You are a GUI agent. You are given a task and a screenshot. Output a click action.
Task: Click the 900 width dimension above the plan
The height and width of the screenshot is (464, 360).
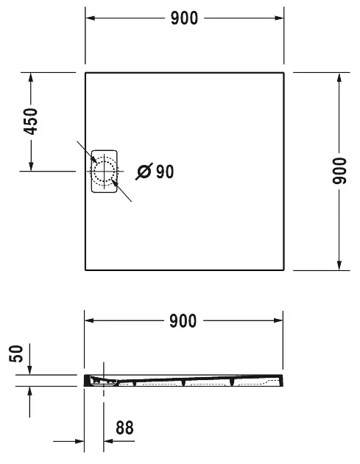point(183,18)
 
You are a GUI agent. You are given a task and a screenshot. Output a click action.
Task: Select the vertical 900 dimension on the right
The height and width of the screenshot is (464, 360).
point(339,172)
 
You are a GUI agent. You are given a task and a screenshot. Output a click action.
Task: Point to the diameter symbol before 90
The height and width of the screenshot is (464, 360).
point(145,172)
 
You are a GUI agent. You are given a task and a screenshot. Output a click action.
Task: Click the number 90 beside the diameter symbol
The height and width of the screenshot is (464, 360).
point(165,172)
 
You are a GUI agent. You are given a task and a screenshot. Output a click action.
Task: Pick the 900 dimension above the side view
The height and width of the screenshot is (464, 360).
point(183,321)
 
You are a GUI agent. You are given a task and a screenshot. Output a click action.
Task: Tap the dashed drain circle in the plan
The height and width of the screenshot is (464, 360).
point(104,172)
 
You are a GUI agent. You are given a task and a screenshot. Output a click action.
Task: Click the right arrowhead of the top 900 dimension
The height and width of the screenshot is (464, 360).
point(279,18)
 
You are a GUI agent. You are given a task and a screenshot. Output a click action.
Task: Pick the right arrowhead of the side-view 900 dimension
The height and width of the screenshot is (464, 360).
point(279,321)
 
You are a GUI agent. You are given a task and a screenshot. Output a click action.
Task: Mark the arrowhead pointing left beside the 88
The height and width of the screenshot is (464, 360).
point(107,442)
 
